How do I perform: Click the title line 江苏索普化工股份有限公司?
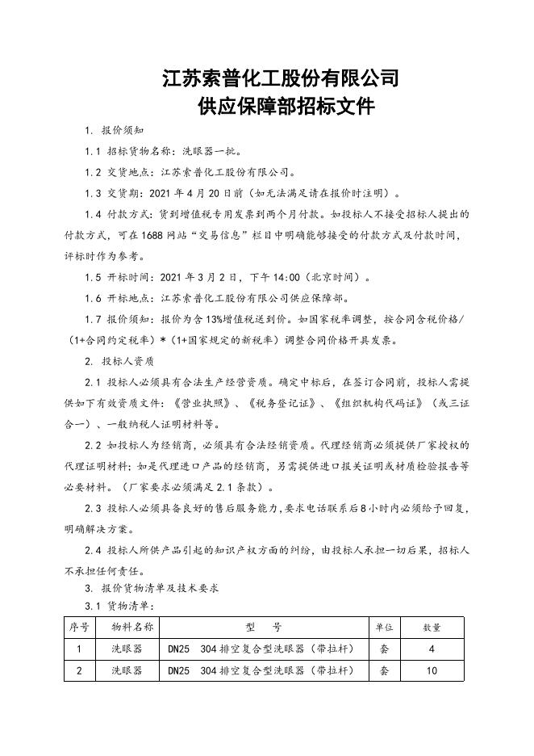281,78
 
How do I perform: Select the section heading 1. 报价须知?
115,131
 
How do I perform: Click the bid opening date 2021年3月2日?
195,277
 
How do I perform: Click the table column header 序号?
79,627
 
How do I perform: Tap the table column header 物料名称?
127,627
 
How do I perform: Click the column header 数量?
432,627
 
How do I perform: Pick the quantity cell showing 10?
432,670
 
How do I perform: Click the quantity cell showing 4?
432,649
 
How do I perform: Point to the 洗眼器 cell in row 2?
127,670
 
